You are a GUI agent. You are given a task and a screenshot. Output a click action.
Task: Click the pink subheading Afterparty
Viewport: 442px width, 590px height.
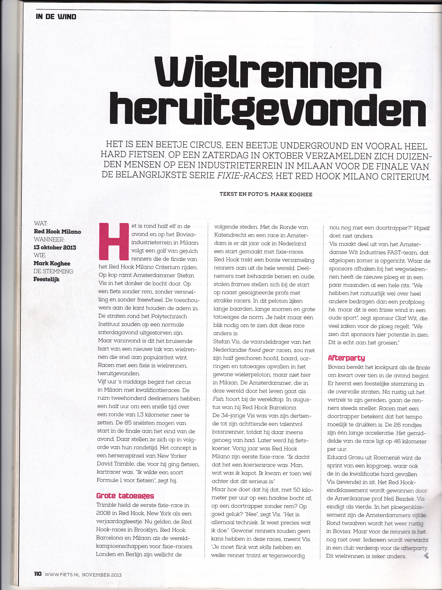(346, 358)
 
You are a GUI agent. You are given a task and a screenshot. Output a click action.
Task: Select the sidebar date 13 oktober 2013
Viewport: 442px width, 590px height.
(55, 247)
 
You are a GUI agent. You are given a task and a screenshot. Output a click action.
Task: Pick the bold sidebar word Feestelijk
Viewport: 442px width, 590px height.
(46, 279)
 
